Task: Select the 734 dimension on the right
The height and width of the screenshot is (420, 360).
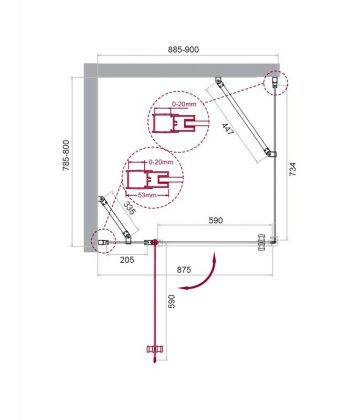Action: coord(292,171)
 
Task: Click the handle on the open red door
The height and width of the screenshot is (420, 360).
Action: coord(154,349)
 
